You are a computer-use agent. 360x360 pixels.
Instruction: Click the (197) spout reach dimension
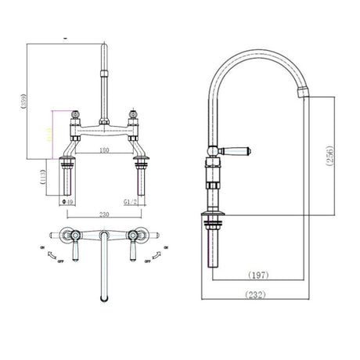[x=260, y=275]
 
